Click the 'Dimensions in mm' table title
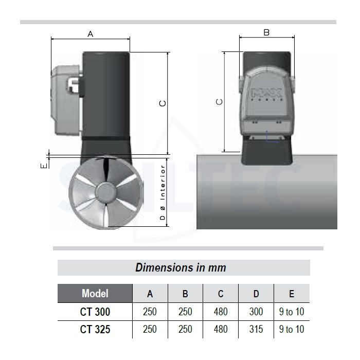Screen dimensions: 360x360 (x=181, y=267)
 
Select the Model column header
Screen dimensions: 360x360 (x=95, y=294)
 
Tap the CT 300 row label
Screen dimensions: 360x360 (x=95, y=312)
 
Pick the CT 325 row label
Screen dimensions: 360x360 (x=95, y=329)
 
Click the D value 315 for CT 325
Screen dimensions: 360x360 (x=256, y=329)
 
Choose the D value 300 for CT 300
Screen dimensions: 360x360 (x=256, y=312)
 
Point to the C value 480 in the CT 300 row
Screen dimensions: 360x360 (x=221, y=312)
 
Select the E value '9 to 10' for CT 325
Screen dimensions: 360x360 (x=292, y=329)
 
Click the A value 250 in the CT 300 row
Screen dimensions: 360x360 (x=150, y=312)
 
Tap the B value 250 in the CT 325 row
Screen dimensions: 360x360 (x=185, y=329)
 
